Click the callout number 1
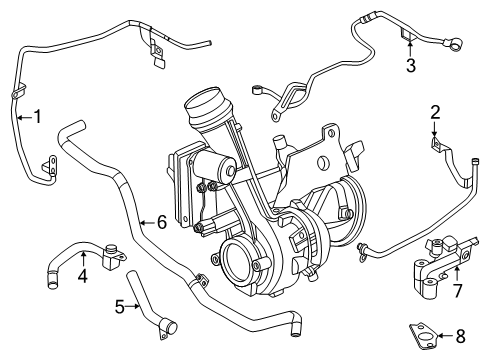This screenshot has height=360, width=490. (x=38, y=117)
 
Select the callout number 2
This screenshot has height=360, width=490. (x=435, y=112)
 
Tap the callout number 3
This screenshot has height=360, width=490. (x=411, y=65)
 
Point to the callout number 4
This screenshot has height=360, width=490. (x=83, y=276)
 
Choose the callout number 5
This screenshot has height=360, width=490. (x=120, y=307)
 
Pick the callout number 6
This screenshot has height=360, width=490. (x=162, y=222)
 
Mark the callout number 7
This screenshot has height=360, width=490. (x=457, y=290)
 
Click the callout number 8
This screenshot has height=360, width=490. (x=460, y=336)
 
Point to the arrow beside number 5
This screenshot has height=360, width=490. (x=133, y=306)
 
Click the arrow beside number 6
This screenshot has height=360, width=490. (x=148, y=222)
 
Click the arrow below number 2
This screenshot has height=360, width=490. (x=435, y=129)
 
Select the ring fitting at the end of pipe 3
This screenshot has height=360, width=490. (x=456, y=44)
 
